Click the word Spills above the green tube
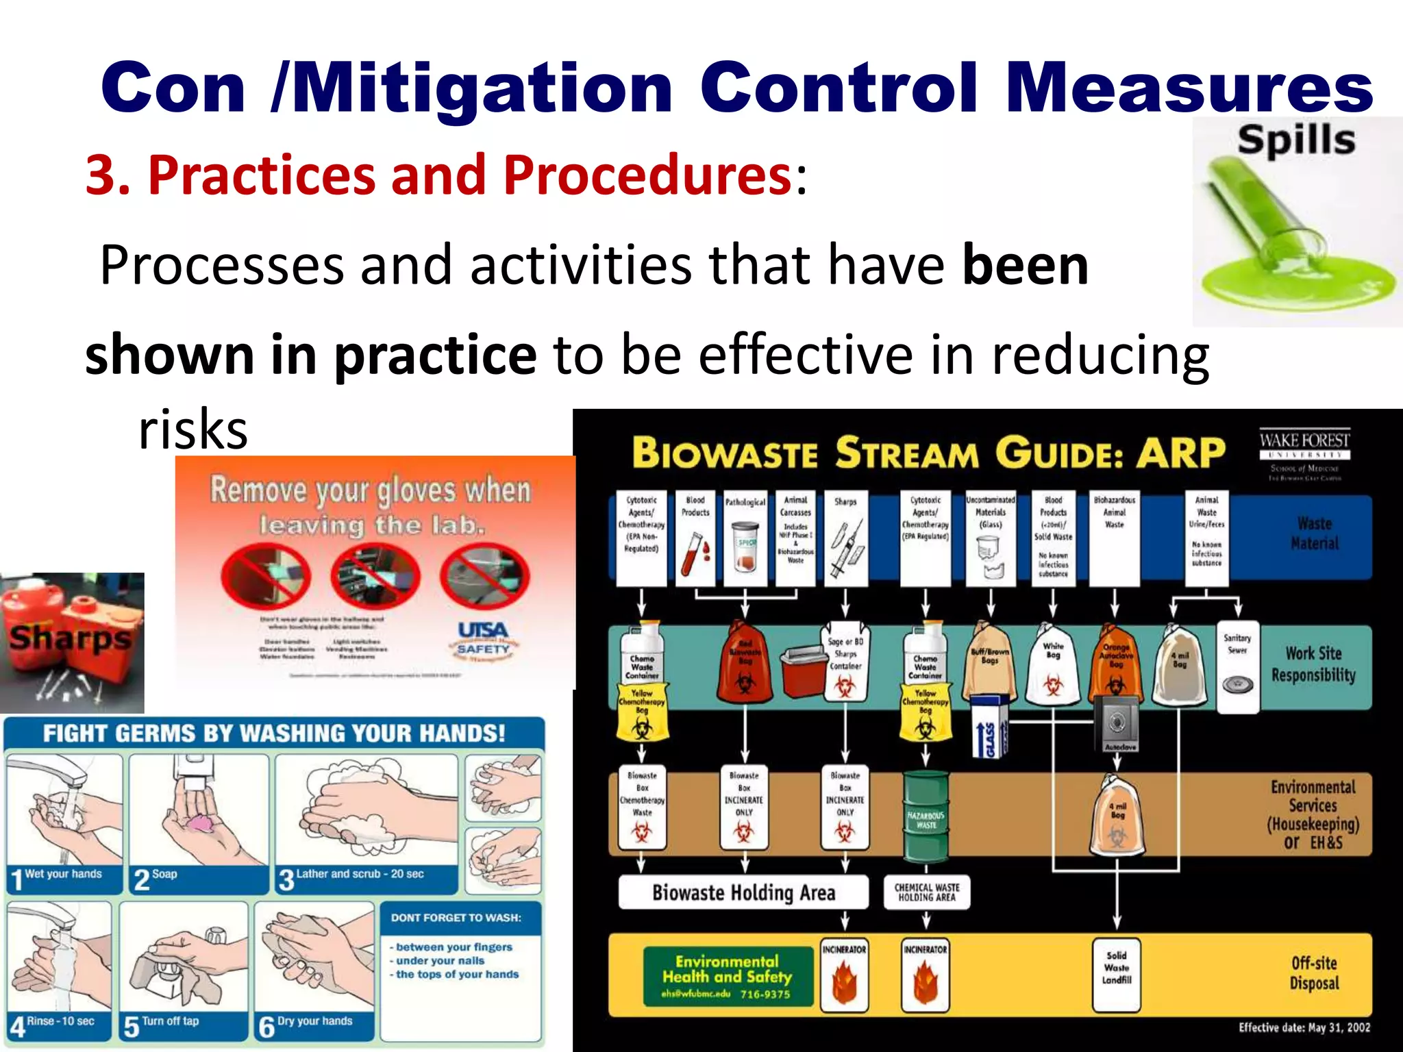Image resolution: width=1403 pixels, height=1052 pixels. [1295, 140]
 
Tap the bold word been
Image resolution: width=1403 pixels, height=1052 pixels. [1026, 266]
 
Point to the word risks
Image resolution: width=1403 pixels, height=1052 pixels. [193, 430]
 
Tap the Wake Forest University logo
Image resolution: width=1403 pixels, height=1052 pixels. [1304, 454]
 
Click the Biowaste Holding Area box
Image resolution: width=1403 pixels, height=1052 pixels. [743, 892]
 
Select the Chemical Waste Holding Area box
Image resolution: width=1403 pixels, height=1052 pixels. [927, 892]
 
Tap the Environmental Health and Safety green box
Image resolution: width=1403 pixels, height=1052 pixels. [727, 975]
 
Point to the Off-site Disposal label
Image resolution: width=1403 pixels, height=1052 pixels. [1313, 973]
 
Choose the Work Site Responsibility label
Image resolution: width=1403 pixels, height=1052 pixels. [1313, 664]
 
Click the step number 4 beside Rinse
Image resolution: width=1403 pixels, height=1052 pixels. [17, 1027]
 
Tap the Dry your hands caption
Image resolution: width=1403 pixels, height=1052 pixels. [314, 1021]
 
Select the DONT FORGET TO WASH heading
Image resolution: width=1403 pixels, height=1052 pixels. [456, 918]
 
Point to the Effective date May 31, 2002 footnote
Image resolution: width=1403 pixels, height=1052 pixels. [1304, 1027]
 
